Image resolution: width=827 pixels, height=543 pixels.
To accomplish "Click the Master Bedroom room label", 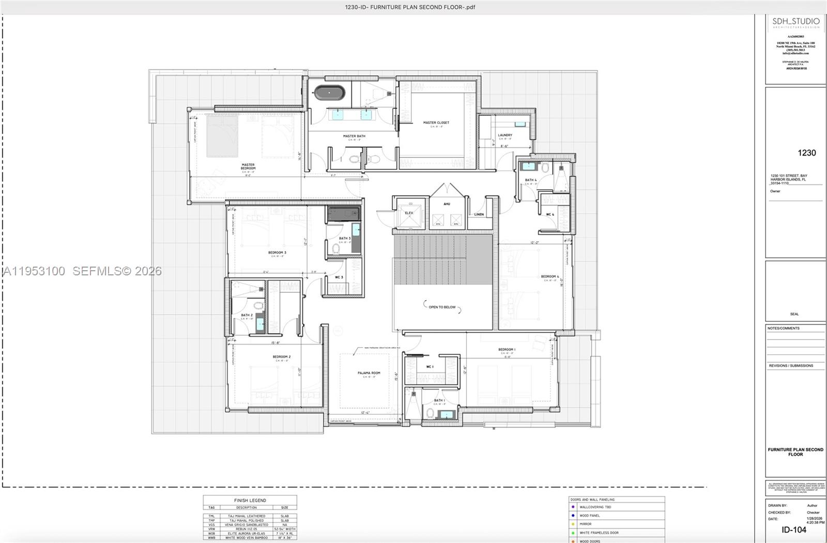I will click(x=248, y=166).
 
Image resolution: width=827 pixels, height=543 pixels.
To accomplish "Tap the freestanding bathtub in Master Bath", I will click(x=329, y=93).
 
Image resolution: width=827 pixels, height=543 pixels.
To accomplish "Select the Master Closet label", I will click(x=436, y=123).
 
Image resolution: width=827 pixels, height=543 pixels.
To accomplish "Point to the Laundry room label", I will click(x=505, y=135).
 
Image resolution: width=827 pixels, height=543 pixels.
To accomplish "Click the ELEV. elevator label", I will click(x=409, y=213).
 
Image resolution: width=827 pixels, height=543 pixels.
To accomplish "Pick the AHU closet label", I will click(x=447, y=204).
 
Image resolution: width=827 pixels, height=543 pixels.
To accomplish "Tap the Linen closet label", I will click(x=479, y=214).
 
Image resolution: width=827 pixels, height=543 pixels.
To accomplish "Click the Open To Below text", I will click(x=442, y=307).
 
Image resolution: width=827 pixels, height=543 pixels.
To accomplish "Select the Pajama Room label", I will click(x=369, y=373).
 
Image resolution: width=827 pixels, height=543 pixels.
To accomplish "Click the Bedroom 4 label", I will click(x=550, y=276).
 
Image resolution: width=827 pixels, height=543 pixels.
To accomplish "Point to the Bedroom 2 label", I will click(x=282, y=357).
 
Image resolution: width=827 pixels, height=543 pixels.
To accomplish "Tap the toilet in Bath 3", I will click(x=336, y=249).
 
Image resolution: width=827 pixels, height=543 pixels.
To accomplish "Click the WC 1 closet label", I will click(x=430, y=367).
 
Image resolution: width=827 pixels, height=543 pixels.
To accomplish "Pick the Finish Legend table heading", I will click(x=250, y=500).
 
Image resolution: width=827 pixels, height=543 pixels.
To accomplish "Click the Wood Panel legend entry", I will click(x=589, y=516).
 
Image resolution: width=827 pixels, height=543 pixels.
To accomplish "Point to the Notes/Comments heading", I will click(x=783, y=328).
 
